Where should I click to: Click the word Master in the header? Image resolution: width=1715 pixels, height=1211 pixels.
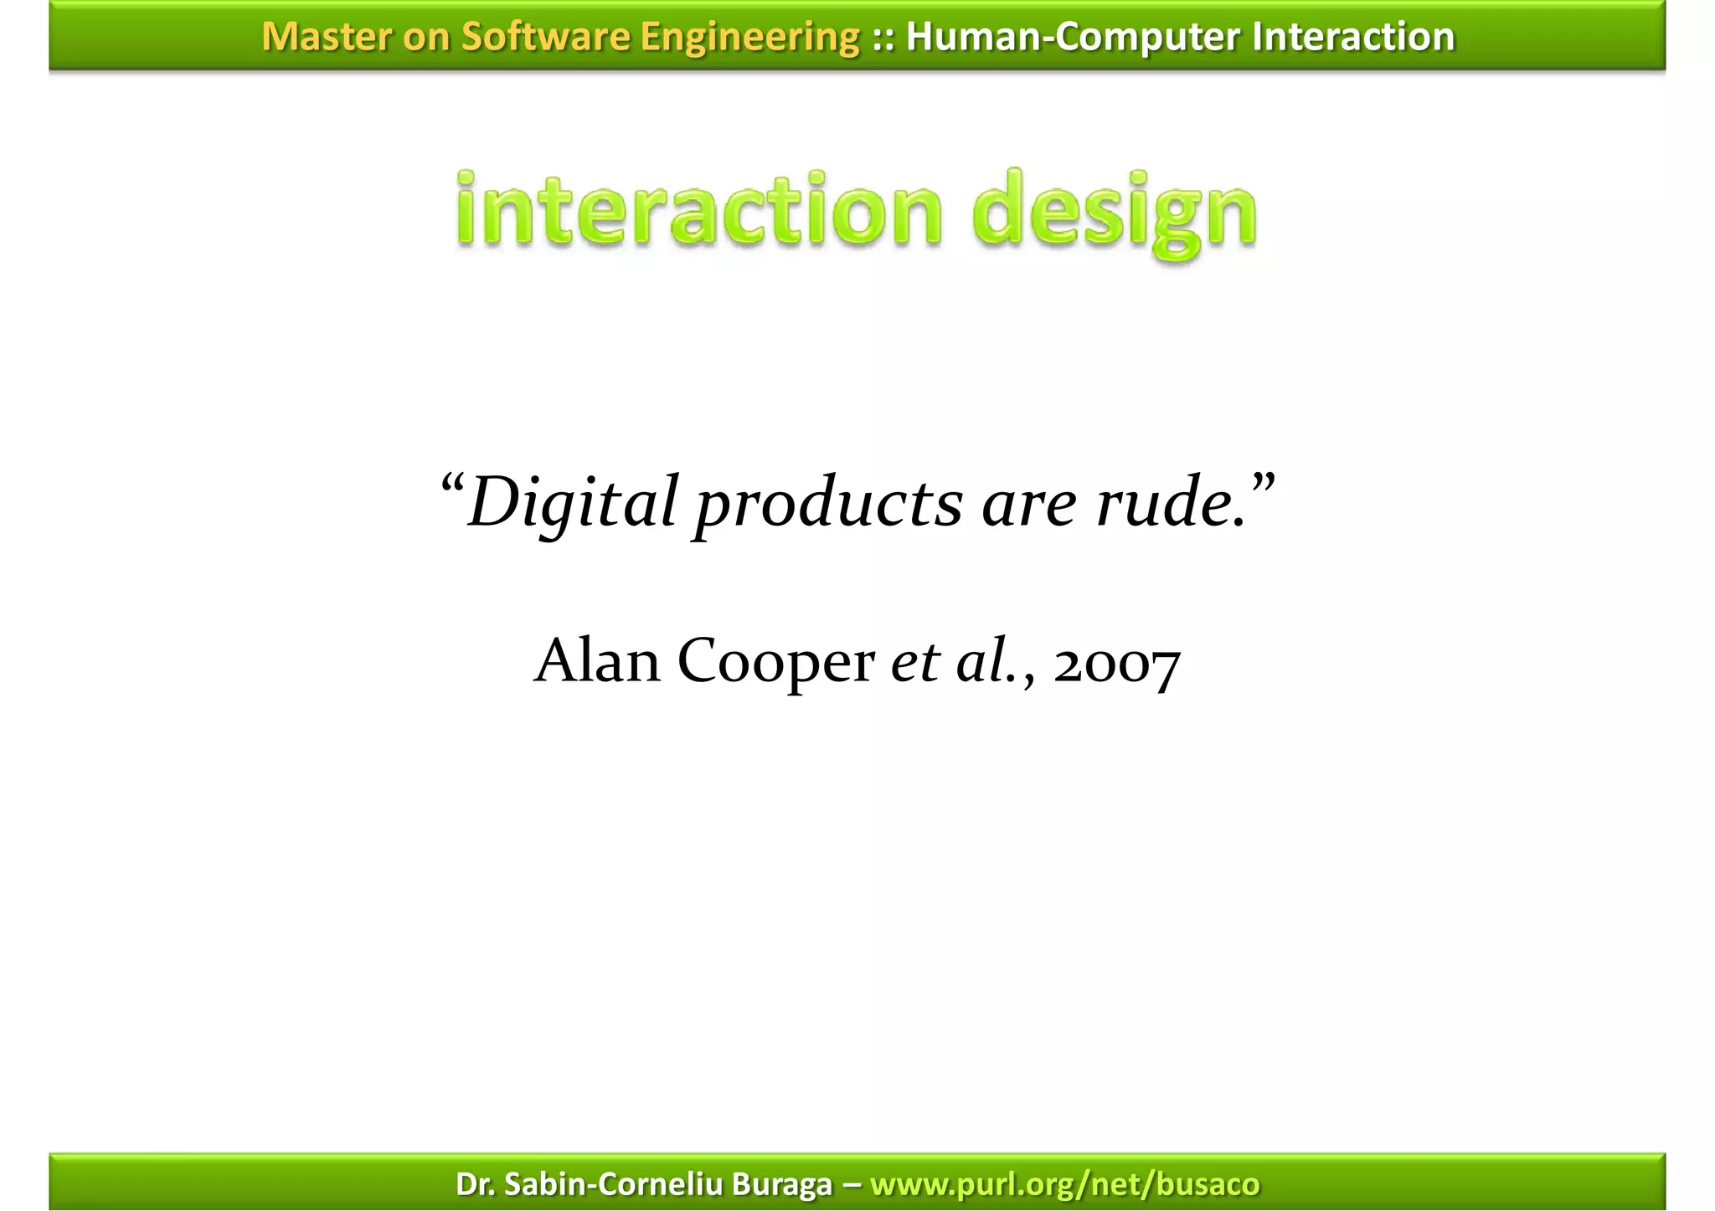click(x=325, y=37)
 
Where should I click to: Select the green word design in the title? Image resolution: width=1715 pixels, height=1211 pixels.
click(x=1115, y=213)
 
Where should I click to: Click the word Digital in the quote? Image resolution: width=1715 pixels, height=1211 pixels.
click(x=572, y=503)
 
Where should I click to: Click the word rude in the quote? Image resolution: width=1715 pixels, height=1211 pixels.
click(x=1169, y=503)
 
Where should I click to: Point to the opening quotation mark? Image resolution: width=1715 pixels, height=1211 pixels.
click(x=452, y=484)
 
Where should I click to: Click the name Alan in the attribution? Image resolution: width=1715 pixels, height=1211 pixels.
click(x=597, y=661)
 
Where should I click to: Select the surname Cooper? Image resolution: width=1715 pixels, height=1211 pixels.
click(x=775, y=663)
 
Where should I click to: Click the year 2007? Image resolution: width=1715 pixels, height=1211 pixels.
click(x=1117, y=665)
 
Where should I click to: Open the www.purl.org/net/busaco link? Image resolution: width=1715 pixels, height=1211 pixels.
click(x=1064, y=1184)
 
